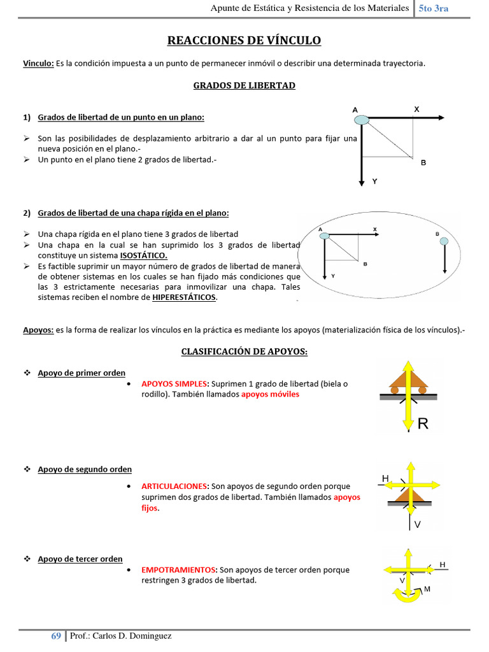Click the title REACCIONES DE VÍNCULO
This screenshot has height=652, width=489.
click(244, 41)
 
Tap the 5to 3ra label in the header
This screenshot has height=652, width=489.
click(434, 8)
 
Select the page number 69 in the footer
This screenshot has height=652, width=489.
click(56, 635)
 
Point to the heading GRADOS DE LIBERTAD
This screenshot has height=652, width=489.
click(244, 85)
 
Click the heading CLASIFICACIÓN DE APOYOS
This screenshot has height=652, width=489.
click(244, 351)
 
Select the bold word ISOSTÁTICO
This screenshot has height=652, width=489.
click(143, 255)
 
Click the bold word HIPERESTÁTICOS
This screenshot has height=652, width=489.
click(184, 297)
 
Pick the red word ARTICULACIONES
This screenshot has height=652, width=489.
click(174, 486)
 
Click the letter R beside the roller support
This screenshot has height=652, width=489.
click(423, 424)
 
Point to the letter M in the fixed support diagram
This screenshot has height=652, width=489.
click(427, 589)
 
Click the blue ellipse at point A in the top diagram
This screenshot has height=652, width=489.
click(361, 119)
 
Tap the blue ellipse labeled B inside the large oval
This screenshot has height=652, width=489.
click(443, 241)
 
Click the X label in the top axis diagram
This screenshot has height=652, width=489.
click(416, 109)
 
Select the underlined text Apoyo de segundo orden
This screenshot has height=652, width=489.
click(85, 469)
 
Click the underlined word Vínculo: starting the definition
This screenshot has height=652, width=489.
click(38, 63)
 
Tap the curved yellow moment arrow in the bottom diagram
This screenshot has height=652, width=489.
click(405, 595)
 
